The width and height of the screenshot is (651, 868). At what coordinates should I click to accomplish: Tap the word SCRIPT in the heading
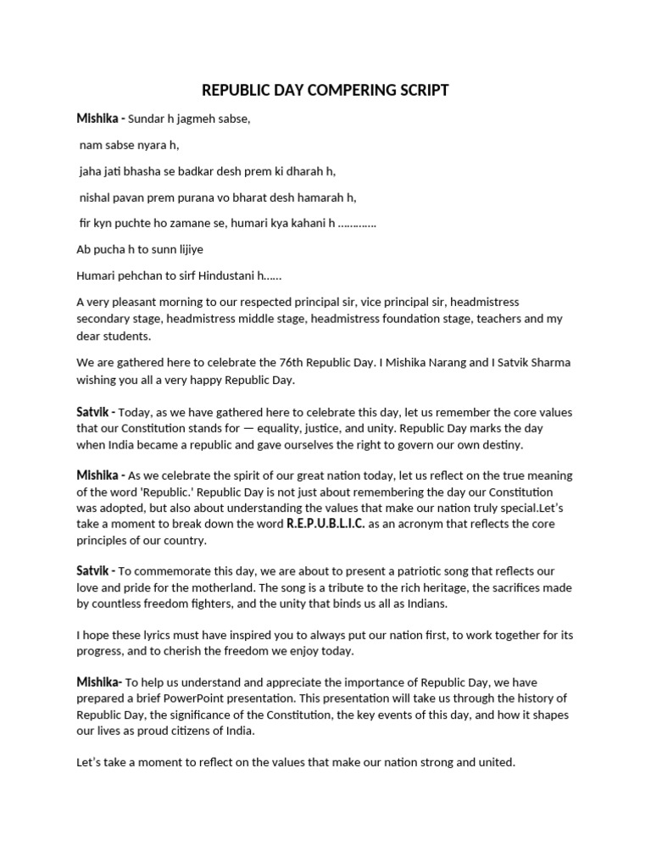pyautogui.click(x=418, y=91)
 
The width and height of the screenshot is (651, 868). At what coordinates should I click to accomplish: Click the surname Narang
pyautogui.click(x=437, y=363)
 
